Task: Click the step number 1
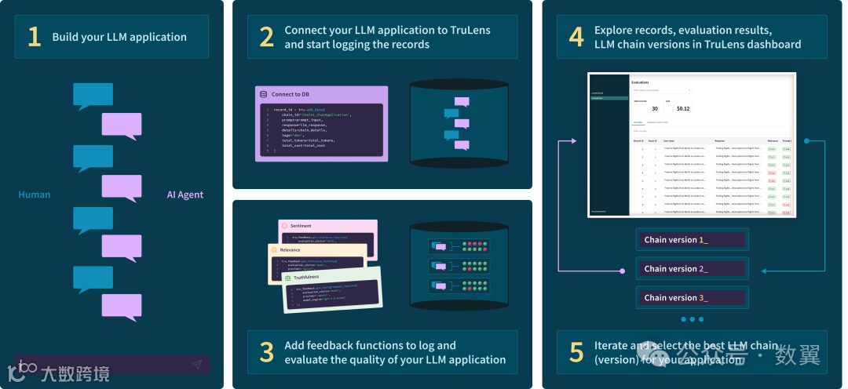[34, 37]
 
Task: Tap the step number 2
[267, 37]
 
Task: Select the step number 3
[267, 352]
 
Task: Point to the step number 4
[576, 37]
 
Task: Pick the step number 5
[576, 352]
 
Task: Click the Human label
[35, 194]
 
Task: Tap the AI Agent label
[185, 194]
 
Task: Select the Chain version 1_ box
[692, 239]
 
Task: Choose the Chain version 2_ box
[692, 268]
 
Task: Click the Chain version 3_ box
[692, 297]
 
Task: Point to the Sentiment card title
[301, 226]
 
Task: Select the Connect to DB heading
[291, 94]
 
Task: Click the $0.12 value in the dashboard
[683, 108]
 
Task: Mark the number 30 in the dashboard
[655, 108]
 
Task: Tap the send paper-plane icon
[197, 364]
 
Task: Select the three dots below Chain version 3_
[692, 319]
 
